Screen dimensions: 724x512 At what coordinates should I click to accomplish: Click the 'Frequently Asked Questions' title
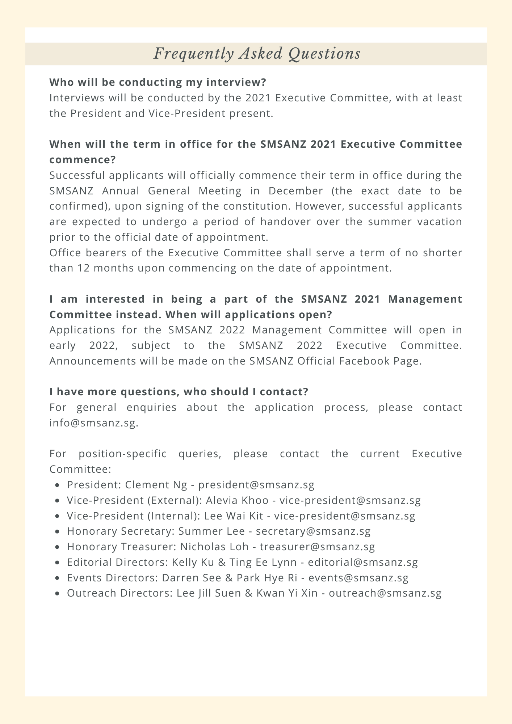257,54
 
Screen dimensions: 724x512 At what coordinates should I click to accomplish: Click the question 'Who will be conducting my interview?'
158,83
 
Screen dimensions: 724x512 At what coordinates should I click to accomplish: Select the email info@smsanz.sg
94,423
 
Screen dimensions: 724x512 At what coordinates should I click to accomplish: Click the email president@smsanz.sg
256,485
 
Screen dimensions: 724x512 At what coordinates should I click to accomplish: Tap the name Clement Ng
156,485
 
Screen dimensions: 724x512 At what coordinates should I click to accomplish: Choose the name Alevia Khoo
237,500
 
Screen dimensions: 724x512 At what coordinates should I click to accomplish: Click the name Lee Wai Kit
234,516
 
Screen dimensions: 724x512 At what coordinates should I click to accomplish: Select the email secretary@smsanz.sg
313,531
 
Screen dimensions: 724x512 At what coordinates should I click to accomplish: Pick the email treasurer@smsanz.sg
318,547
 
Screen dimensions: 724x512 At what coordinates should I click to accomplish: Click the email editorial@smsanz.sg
363,562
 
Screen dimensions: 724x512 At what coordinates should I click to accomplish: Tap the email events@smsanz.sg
358,578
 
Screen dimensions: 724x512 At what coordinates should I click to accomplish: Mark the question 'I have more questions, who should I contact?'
179,392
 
